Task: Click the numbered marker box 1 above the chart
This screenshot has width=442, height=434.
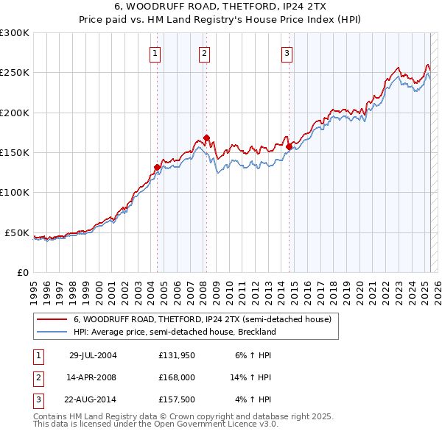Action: (x=156, y=52)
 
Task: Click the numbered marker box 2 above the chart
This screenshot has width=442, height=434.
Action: (x=203, y=52)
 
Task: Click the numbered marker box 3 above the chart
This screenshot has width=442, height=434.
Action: (x=287, y=52)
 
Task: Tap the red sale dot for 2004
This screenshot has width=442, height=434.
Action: (x=157, y=167)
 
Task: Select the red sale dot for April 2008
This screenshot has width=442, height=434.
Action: (x=207, y=138)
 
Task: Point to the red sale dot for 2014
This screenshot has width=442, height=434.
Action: (x=289, y=146)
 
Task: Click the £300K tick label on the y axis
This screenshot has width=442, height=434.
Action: (x=15, y=33)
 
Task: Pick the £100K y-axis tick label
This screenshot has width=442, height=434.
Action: (x=15, y=192)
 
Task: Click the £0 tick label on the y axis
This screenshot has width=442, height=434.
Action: (x=22, y=272)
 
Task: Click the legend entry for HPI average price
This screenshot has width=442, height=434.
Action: (x=174, y=332)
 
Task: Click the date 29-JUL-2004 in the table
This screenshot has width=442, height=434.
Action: (x=93, y=355)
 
